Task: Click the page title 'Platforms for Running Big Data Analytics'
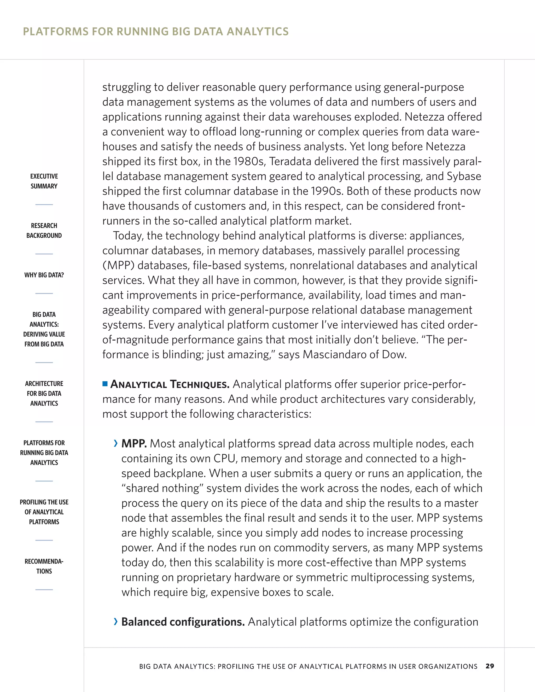point(156,32)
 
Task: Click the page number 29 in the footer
point(490,666)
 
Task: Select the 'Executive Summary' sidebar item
point(44,181)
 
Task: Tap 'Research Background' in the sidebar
point(44,230)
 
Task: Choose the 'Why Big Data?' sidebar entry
point(44,275)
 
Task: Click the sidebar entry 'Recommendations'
point(44,566)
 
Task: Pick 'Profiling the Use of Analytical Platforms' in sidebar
point(44,512)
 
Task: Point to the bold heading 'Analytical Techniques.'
point(170,384)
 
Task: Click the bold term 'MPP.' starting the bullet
point(134,444)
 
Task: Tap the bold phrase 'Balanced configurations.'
point(183,622)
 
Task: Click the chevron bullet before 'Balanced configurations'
point(116,622)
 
